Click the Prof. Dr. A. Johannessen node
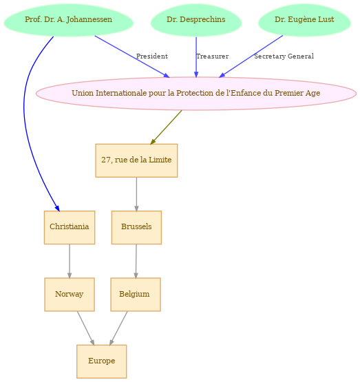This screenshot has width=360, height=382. click(68, 20)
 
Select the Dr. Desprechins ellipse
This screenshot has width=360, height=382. click(196, 20)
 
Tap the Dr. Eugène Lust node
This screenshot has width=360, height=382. click(304, 20)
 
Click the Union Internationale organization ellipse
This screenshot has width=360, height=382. click(196, 94)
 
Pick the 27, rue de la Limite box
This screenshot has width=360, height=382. click(136, 160)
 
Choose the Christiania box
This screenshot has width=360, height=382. click(70, 227)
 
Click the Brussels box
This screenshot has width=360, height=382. click(136, 227)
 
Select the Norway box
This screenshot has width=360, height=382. click(70, 295)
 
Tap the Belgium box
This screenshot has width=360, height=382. click(136, 295)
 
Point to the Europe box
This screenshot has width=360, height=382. click(102, 361)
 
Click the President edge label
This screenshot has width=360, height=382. click(152, 56)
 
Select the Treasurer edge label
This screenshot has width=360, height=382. click(213, 56)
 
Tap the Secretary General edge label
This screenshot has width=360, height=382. click(284, 56)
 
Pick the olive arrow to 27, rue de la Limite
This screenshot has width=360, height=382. click(166, 127)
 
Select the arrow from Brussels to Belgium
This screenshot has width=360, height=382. click(136, 261)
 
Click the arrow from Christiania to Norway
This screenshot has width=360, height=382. click(70, 261)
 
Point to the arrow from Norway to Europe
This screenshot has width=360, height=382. click(86, 328)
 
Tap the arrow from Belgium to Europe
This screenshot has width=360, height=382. click(118, 328)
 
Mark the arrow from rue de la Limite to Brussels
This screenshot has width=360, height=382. click(136, 194)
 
